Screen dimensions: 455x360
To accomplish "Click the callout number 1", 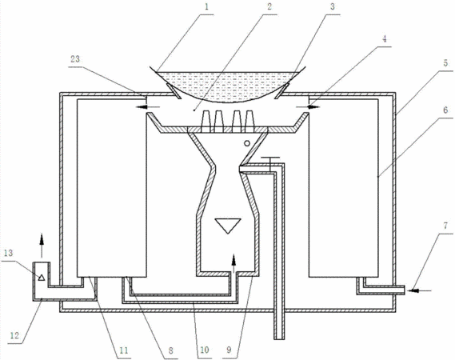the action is [206, 7].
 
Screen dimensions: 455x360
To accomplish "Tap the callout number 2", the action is [269, 6].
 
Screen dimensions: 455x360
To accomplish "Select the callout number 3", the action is [333, 6].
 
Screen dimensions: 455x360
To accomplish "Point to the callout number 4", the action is [385, 39].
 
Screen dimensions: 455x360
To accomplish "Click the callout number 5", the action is [445, 62].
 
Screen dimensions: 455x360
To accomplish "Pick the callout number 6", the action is [445, 110].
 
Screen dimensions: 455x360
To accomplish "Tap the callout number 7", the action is [445, 226].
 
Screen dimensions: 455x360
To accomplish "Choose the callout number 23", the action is [75, 59].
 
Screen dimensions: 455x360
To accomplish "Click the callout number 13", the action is [9, 253].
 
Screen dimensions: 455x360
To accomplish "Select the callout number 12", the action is [14, 336].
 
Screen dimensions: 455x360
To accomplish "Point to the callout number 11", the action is [124, 350].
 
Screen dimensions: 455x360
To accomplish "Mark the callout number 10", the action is [205, 350].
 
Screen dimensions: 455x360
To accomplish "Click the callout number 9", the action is [229, 350].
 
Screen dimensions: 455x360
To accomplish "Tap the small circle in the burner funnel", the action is [246, 143].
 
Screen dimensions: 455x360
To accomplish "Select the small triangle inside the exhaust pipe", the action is [42, 278].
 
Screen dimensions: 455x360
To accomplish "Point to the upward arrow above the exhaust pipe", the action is [42, 246].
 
